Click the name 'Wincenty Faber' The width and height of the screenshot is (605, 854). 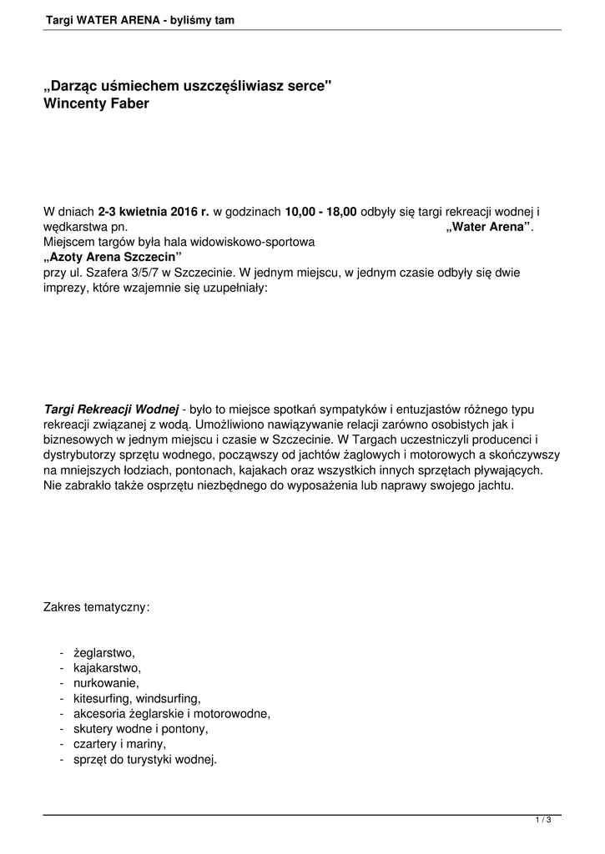[x=96, y=104]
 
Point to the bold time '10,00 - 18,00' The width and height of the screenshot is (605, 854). [x=320, y=213]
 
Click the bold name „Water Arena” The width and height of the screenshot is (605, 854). [x=489, y=227]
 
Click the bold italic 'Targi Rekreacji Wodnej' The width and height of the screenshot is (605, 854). [x=111, y=409]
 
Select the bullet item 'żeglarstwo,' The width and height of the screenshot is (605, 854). [x=104, y=653]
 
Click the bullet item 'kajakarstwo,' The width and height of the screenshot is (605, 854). [x=107, y=668]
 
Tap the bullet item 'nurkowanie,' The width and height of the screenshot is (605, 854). [x=106, y=683]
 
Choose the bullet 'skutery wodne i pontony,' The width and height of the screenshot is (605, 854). [x=141, y=728]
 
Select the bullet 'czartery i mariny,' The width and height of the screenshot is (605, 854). [x=120, y=743]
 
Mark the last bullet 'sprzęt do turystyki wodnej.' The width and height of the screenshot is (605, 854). [x=145, y=759]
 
